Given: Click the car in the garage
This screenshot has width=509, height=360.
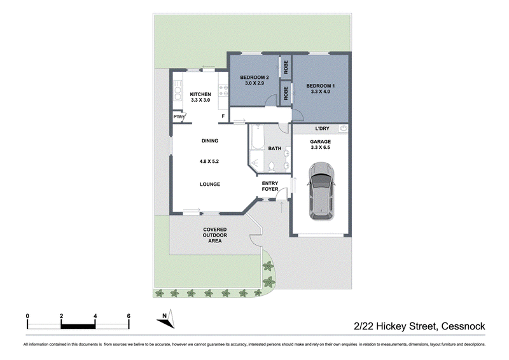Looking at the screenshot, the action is pos(321,191).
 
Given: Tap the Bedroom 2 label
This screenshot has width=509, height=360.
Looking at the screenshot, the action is pos(254,78).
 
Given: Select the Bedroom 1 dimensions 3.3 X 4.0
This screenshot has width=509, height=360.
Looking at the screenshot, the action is pos(321,92).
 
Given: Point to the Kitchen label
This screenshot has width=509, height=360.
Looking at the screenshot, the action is pos(200,94).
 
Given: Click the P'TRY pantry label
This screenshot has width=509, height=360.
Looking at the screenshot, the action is pos(179,117).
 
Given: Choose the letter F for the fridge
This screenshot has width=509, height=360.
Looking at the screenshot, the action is pos(223,116).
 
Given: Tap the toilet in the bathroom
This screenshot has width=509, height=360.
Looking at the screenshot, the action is pos(272,167).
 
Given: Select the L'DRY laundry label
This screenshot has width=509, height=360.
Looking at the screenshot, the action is pos(322,128).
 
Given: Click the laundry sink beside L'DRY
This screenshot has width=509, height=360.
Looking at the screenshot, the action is pos(343,128).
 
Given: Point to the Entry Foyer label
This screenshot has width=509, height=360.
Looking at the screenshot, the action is pos(270,186).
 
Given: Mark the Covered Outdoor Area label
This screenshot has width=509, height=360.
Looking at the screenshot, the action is pos(215,235).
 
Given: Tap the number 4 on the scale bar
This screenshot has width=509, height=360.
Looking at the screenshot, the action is pos(95,316).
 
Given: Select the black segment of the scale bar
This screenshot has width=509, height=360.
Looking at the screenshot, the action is pos(78,326).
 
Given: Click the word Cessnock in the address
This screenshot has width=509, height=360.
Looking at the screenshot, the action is pos(463,326).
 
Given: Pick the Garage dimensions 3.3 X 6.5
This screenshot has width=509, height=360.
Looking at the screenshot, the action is pos(321,148).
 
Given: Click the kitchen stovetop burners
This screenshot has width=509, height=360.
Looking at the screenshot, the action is pos(223,90).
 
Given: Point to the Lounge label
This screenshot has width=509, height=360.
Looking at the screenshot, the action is pos(210,184).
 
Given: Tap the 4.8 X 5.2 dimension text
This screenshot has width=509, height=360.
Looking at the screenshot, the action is pos(209,162).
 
